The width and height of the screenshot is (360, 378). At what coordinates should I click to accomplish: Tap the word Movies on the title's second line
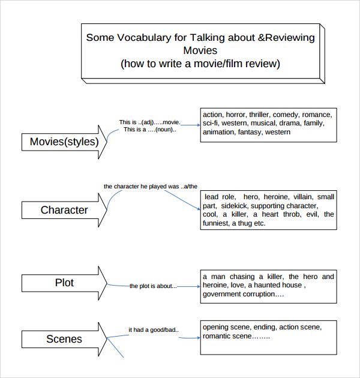click(200, 50)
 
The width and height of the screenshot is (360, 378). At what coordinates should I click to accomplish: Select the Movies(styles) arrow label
click(64, 142)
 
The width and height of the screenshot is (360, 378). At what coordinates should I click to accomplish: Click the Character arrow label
click(64, 210)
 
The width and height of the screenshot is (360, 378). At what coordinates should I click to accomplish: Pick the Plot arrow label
click(64, 283)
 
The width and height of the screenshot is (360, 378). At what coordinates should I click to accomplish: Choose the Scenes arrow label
click(64, 339)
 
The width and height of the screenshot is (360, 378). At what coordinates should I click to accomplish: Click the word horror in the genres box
click(236, 115)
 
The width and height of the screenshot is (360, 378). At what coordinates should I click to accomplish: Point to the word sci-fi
click(211, 123)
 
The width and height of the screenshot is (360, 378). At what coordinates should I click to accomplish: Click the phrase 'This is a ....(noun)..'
click(150, 130)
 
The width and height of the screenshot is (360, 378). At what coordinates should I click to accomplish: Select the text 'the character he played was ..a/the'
click(151, 187)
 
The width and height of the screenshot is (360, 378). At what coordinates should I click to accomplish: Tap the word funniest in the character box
click(216, 223)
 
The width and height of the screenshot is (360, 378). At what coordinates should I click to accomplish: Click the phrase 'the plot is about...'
click(153, 286)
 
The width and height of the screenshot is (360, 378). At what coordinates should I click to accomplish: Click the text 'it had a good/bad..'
click(154, 330)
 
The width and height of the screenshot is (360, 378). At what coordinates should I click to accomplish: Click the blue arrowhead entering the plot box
click(199, 287)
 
